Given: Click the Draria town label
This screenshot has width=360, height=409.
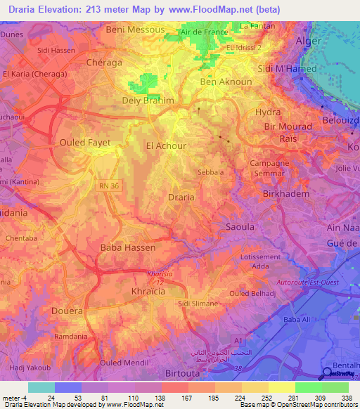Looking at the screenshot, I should click(181, 197).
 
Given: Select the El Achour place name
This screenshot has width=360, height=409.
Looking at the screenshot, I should click(165, 146).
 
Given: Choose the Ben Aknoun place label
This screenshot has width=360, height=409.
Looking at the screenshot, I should click(226, 82).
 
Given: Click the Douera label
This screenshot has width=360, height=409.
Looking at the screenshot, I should click(68, 310).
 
